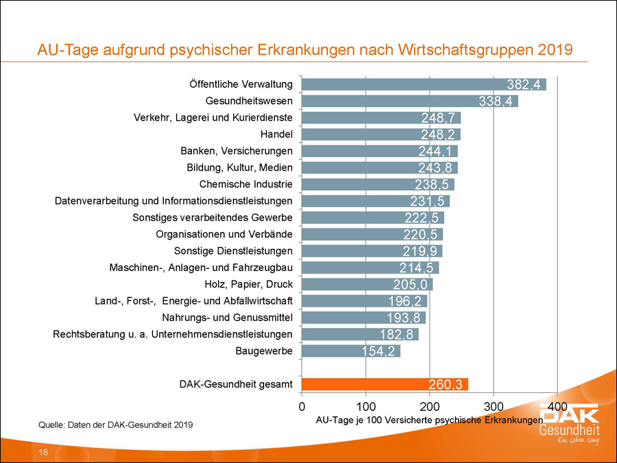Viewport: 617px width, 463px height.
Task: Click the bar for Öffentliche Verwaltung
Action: tap(411, 85)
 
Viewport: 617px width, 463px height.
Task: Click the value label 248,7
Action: tap(440, 118)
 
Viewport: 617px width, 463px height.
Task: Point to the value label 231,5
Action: tap(429, 201)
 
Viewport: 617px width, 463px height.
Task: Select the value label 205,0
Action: tap(413, 285)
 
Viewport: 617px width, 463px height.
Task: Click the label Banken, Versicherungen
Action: tap(237, 151)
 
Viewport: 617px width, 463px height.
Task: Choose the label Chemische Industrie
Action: tap(246, 185)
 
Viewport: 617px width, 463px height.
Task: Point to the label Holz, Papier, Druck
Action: tap(249, 284)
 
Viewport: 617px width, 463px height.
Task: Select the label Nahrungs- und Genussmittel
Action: tap(228, 318)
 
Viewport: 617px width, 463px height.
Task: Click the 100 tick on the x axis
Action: tap(365, 405)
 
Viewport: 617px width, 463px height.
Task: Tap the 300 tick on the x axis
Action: tap(494, 405)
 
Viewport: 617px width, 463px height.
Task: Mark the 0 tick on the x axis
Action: tap(302, 405)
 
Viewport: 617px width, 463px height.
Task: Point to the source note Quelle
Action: tap(115, 425)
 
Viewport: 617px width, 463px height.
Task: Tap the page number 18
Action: tap(43, 453)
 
